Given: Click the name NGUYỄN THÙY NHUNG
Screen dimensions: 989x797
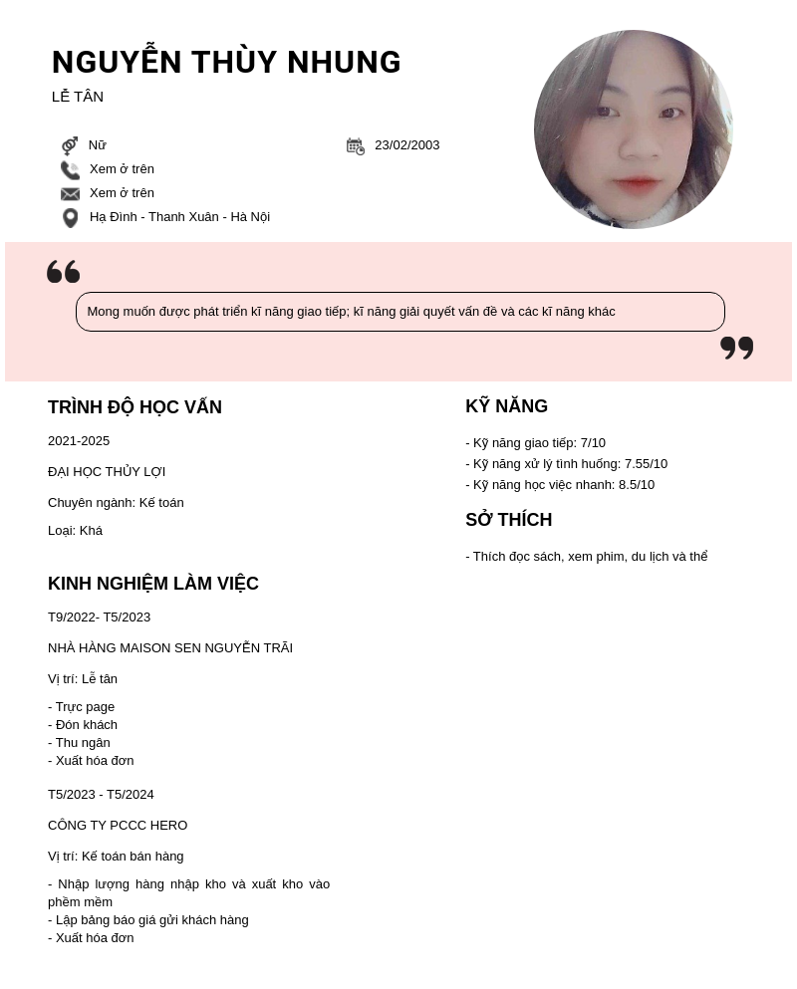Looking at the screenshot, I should coord(226,63).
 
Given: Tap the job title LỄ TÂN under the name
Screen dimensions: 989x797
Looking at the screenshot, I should coord(78,97).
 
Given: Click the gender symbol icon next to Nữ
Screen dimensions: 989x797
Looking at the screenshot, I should coord(70,145).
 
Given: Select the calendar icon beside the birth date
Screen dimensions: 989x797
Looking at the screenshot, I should coord(355,146).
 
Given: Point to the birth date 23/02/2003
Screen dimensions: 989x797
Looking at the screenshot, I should coord(406,145).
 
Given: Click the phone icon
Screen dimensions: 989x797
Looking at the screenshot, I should coord(70,170).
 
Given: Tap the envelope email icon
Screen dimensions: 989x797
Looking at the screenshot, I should coord(70,194).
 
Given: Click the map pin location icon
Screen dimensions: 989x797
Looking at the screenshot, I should coord(70,217).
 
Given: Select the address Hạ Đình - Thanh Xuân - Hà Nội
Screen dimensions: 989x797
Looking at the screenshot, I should coord(179,217).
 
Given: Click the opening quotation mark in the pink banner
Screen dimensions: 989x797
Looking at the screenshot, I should coord(63,272).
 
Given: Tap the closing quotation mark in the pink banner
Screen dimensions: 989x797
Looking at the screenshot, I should coord(736,348).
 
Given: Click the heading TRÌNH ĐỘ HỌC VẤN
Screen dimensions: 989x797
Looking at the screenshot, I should coord(134,407).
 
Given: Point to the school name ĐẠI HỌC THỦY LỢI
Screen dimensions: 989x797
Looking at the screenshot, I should coord(107,472).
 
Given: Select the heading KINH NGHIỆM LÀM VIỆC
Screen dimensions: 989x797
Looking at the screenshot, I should coord(153,584).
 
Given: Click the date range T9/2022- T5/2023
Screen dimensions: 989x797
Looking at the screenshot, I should coord(99,618).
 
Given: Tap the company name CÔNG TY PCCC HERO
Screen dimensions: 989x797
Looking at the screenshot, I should coord(118,826).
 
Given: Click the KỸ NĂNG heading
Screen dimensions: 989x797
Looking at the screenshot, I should coord(506,406).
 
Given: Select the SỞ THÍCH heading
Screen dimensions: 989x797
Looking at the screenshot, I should coord(508,520).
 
